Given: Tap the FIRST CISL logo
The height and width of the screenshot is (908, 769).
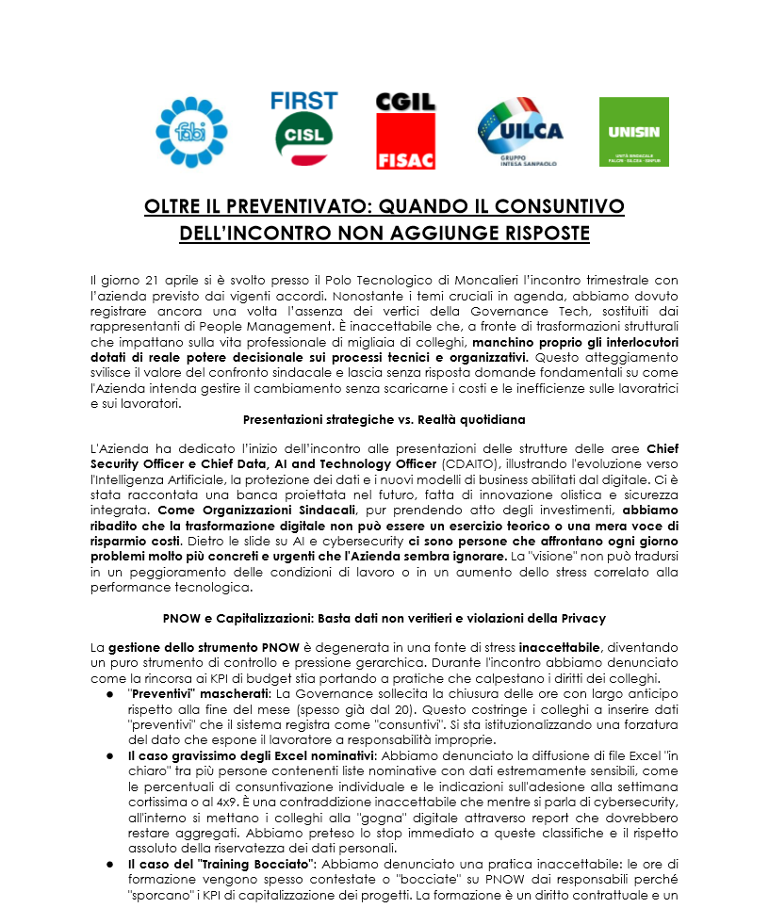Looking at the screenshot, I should point(303,130).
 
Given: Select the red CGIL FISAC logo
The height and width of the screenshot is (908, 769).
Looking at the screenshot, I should point(405,131).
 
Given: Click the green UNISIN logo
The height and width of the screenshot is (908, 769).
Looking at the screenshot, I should point(633,132).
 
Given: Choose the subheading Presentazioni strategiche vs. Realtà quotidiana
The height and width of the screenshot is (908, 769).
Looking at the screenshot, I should point(384,418).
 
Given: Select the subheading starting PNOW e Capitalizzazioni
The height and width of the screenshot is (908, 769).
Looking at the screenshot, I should point(384,618).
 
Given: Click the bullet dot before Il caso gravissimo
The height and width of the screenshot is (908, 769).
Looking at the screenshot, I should point(109,754).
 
